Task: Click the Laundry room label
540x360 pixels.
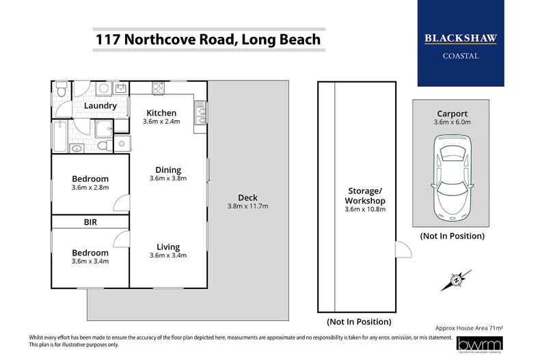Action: pos(100,106)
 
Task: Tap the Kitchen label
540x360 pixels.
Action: pos(161,113)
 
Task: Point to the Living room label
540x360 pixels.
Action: pos(167,247)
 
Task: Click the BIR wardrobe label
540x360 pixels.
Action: pos(90,222)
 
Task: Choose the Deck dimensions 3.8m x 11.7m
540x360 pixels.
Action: pos(247,206)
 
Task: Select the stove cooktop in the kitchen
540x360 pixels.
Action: pos(158,88)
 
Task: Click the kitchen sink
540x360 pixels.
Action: pos(200,114)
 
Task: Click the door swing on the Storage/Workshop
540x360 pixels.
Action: pos(403,250)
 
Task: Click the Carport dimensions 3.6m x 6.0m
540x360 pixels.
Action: pos(452,124)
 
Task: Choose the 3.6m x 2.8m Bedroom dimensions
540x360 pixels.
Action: pos(90,187)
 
